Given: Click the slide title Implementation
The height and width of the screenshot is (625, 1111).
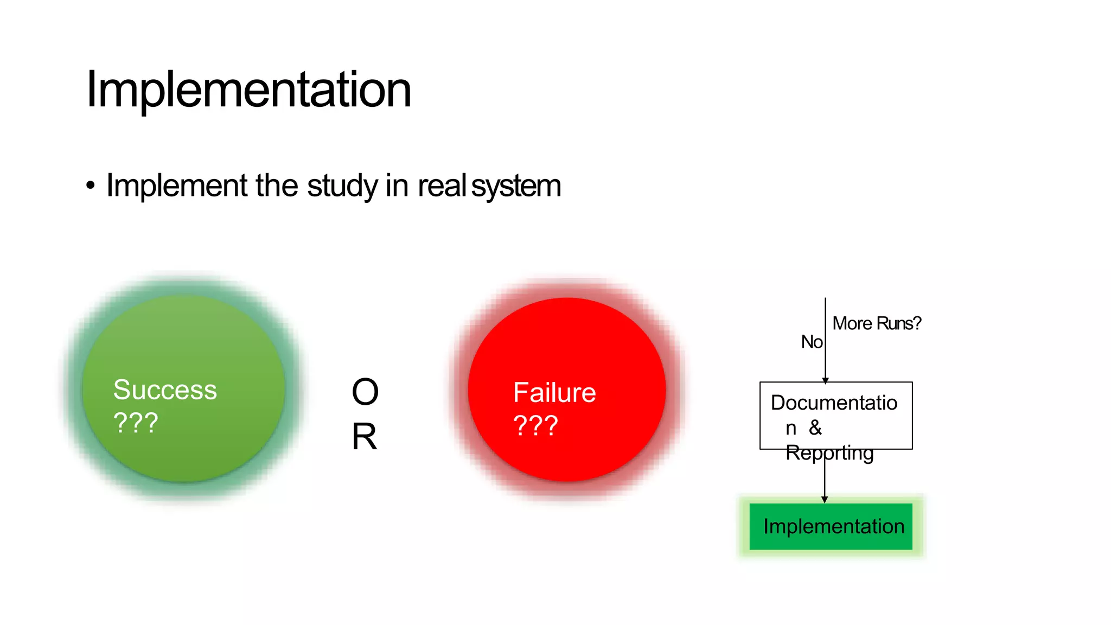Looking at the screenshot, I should click(248, 90).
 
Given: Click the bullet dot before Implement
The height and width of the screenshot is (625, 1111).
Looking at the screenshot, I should click(91, 186).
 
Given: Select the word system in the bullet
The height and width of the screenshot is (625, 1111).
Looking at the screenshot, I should click(516, 186).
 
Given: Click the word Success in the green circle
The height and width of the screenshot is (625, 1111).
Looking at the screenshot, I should click(165, 390).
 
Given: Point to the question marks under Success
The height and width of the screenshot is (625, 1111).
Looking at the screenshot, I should click(136, 423).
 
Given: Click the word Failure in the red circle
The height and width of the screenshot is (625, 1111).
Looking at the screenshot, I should click(554, 392).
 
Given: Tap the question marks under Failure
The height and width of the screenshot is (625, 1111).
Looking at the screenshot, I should click(535, 426).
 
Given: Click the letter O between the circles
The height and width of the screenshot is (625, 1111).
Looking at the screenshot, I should click(365, 392).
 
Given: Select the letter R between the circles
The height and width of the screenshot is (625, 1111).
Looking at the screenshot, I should click(364, 436).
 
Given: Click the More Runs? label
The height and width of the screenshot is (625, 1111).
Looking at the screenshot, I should click(876, 323).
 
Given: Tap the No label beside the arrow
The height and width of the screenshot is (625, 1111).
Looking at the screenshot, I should click(812, 342).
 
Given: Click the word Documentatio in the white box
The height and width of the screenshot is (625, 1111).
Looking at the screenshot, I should click(834, 403).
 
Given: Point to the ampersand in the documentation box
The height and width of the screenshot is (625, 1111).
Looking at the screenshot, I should click(815, 428).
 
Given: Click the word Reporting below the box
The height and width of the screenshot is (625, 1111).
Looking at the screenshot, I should click(829, 452).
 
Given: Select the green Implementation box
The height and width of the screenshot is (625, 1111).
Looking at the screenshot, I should click(831, 526).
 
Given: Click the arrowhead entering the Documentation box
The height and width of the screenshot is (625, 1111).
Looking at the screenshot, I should click(825, 380).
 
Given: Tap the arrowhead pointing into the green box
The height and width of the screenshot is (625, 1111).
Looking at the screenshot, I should click(825, 499).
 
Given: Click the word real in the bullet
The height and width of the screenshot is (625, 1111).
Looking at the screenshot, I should click(442, 186).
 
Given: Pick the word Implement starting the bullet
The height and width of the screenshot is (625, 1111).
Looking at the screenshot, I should click(177, 186).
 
